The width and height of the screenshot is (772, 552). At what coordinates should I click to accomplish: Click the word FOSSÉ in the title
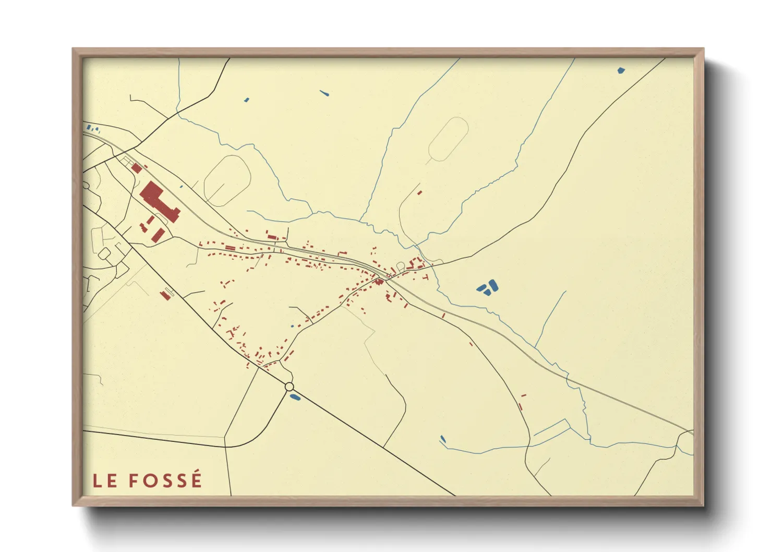coord(165,481)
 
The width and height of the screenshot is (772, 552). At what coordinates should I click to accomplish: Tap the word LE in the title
coord(105,481)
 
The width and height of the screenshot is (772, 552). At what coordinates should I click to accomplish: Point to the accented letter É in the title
coord(196,479)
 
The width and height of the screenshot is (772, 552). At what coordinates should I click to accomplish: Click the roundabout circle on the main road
coord(289,387)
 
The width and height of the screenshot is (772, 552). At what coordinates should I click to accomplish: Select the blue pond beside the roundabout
coord(295,398)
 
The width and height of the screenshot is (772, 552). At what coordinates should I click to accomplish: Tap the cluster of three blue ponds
coord(487,287)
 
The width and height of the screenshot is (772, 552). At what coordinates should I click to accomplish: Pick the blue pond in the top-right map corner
coord(621,70)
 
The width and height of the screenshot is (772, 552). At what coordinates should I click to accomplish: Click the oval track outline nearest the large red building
coord(226,180)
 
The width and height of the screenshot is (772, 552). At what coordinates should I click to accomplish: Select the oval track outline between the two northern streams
coord(448,139)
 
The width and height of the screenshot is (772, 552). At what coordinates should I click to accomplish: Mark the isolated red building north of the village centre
coord(419,193)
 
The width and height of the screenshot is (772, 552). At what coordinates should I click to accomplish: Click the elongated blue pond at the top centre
coord(324,94)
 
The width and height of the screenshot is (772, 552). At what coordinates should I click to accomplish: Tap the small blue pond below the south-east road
coord(443,439)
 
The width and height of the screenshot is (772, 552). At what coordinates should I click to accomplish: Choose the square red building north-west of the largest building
coord(136,168)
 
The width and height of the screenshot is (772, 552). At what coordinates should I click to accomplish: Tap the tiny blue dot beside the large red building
coord(182,186)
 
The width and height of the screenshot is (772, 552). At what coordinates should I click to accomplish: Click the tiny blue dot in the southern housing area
coord(292,326)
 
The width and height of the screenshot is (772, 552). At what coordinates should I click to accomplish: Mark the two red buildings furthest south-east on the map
coord(522,402)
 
